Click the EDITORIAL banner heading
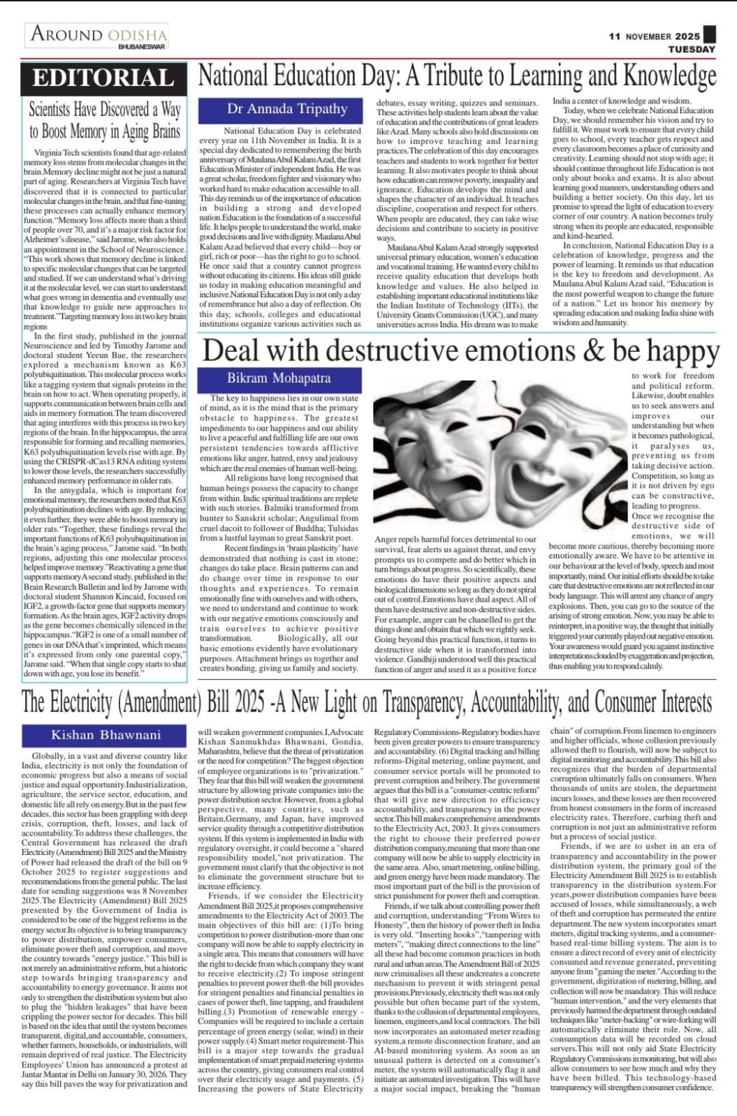[x=103, y=78]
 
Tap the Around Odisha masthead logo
[x=98, y=35]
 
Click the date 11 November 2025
[x=654, y=36]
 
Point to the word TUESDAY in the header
[x=692, y=50]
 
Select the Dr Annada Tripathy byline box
[x=286, y=109]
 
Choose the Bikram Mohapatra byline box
[x=279, y=378]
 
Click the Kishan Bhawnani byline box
[x=105, y=734]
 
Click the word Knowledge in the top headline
[x=669, y=75]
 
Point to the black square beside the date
[x=710, y=34]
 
